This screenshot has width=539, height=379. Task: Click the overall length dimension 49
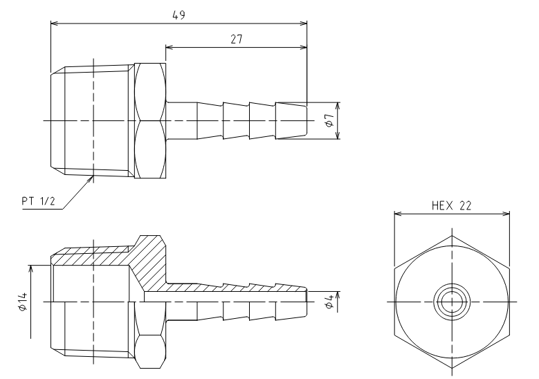point(179,15)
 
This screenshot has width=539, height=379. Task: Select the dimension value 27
point(237,39)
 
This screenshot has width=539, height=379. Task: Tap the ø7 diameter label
point(329,120)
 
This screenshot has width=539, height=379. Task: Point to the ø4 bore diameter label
point(329,302)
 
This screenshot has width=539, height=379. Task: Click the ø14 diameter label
point(22,302)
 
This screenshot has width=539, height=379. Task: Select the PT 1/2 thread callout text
point(38,201)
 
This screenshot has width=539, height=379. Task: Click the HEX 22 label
point(451,205)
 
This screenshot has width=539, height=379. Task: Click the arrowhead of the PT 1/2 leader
point(91,178)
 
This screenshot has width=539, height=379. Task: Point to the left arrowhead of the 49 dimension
point(54,24)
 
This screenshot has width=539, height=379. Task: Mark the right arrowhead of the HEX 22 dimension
point(506,214)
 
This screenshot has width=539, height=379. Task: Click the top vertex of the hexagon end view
point(452,236)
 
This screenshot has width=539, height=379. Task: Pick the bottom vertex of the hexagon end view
point(452,368)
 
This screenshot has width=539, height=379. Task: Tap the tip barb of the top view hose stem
point(291,120)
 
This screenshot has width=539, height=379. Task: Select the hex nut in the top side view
point(150,120)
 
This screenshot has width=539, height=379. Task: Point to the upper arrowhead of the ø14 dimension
point(31,269)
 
